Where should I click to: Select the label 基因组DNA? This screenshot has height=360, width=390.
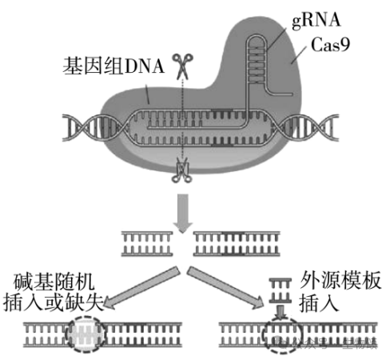[113, 67]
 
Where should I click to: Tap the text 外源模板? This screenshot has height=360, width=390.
[336, 282]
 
